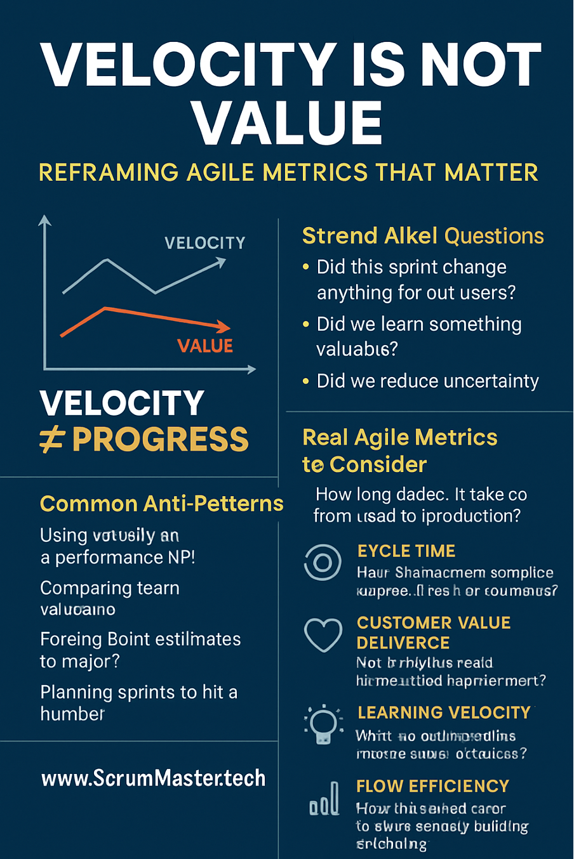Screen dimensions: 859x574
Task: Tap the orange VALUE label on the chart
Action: pyautogui.click(x=204, y=346)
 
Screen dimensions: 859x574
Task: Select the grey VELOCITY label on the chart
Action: pyautogui.click(x=204, y=243)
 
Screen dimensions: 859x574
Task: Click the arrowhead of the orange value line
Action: pyautogui.click(x=224, y=327)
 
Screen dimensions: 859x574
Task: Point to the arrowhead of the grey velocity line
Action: pyautogui.click(x=220, y=261)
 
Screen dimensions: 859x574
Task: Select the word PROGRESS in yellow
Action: pyautogui.click(x=161, y=440)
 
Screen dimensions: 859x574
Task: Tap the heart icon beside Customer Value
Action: pyautogui.click(x=323, y=634)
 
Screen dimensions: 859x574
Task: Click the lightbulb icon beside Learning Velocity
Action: pyautogui.click(x=323, y=724)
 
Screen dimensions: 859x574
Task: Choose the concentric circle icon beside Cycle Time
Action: pyautogui.click(x=323, y=562)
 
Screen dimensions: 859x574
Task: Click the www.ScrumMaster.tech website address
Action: pyautogui.click(x=153, y=778)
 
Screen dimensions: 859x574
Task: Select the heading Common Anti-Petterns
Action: pyautogui.click(x=161, y=504)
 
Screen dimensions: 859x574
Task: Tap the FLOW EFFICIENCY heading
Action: pyautogui.click(x=432, y=786)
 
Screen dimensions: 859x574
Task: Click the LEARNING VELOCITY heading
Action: pyautogui.click(x=444, y=712)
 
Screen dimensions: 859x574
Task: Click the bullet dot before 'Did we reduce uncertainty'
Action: pyautogui.click(x=306, y=381)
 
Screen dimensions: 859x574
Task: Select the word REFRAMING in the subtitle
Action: pyautogui.click(x=109, y=173)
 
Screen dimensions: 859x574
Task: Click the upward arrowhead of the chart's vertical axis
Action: pyautogui.click(x=44, y=220)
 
